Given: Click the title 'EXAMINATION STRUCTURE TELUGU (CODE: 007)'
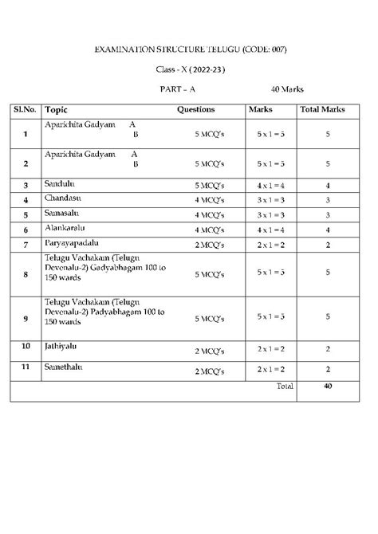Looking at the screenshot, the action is point(191,50).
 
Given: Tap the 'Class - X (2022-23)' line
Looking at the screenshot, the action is point(190,70).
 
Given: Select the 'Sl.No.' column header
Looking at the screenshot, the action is point(26,109).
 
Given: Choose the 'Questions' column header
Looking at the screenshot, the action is point(195,109).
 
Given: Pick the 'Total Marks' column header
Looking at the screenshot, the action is point(328,109).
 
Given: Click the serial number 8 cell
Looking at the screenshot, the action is point(26,274).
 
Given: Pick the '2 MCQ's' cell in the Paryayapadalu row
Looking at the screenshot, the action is point(209,244).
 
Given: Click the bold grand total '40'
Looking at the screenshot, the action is point(328,386).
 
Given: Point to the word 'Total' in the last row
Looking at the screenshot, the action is point(284,386).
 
